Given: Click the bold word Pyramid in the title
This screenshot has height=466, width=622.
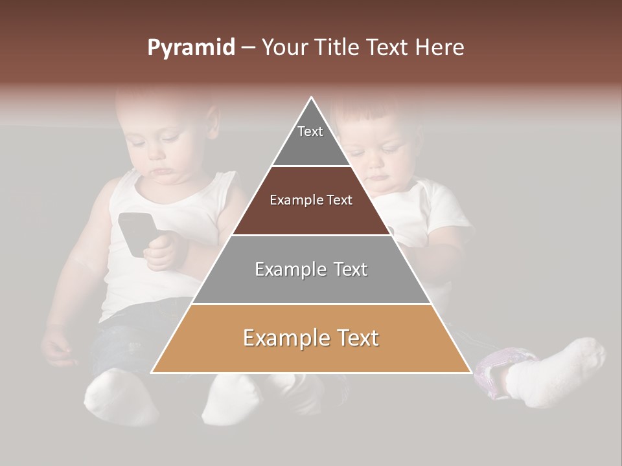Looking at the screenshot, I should tap(191, 48).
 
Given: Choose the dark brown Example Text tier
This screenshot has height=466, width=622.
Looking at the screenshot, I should tap(311, 201).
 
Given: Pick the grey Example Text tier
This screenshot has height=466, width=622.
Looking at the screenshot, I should tap(311, 269).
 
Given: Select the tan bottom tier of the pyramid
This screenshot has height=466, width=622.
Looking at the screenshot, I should tap(311, 338).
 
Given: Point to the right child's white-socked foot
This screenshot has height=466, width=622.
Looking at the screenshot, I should tap(557, 372).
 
